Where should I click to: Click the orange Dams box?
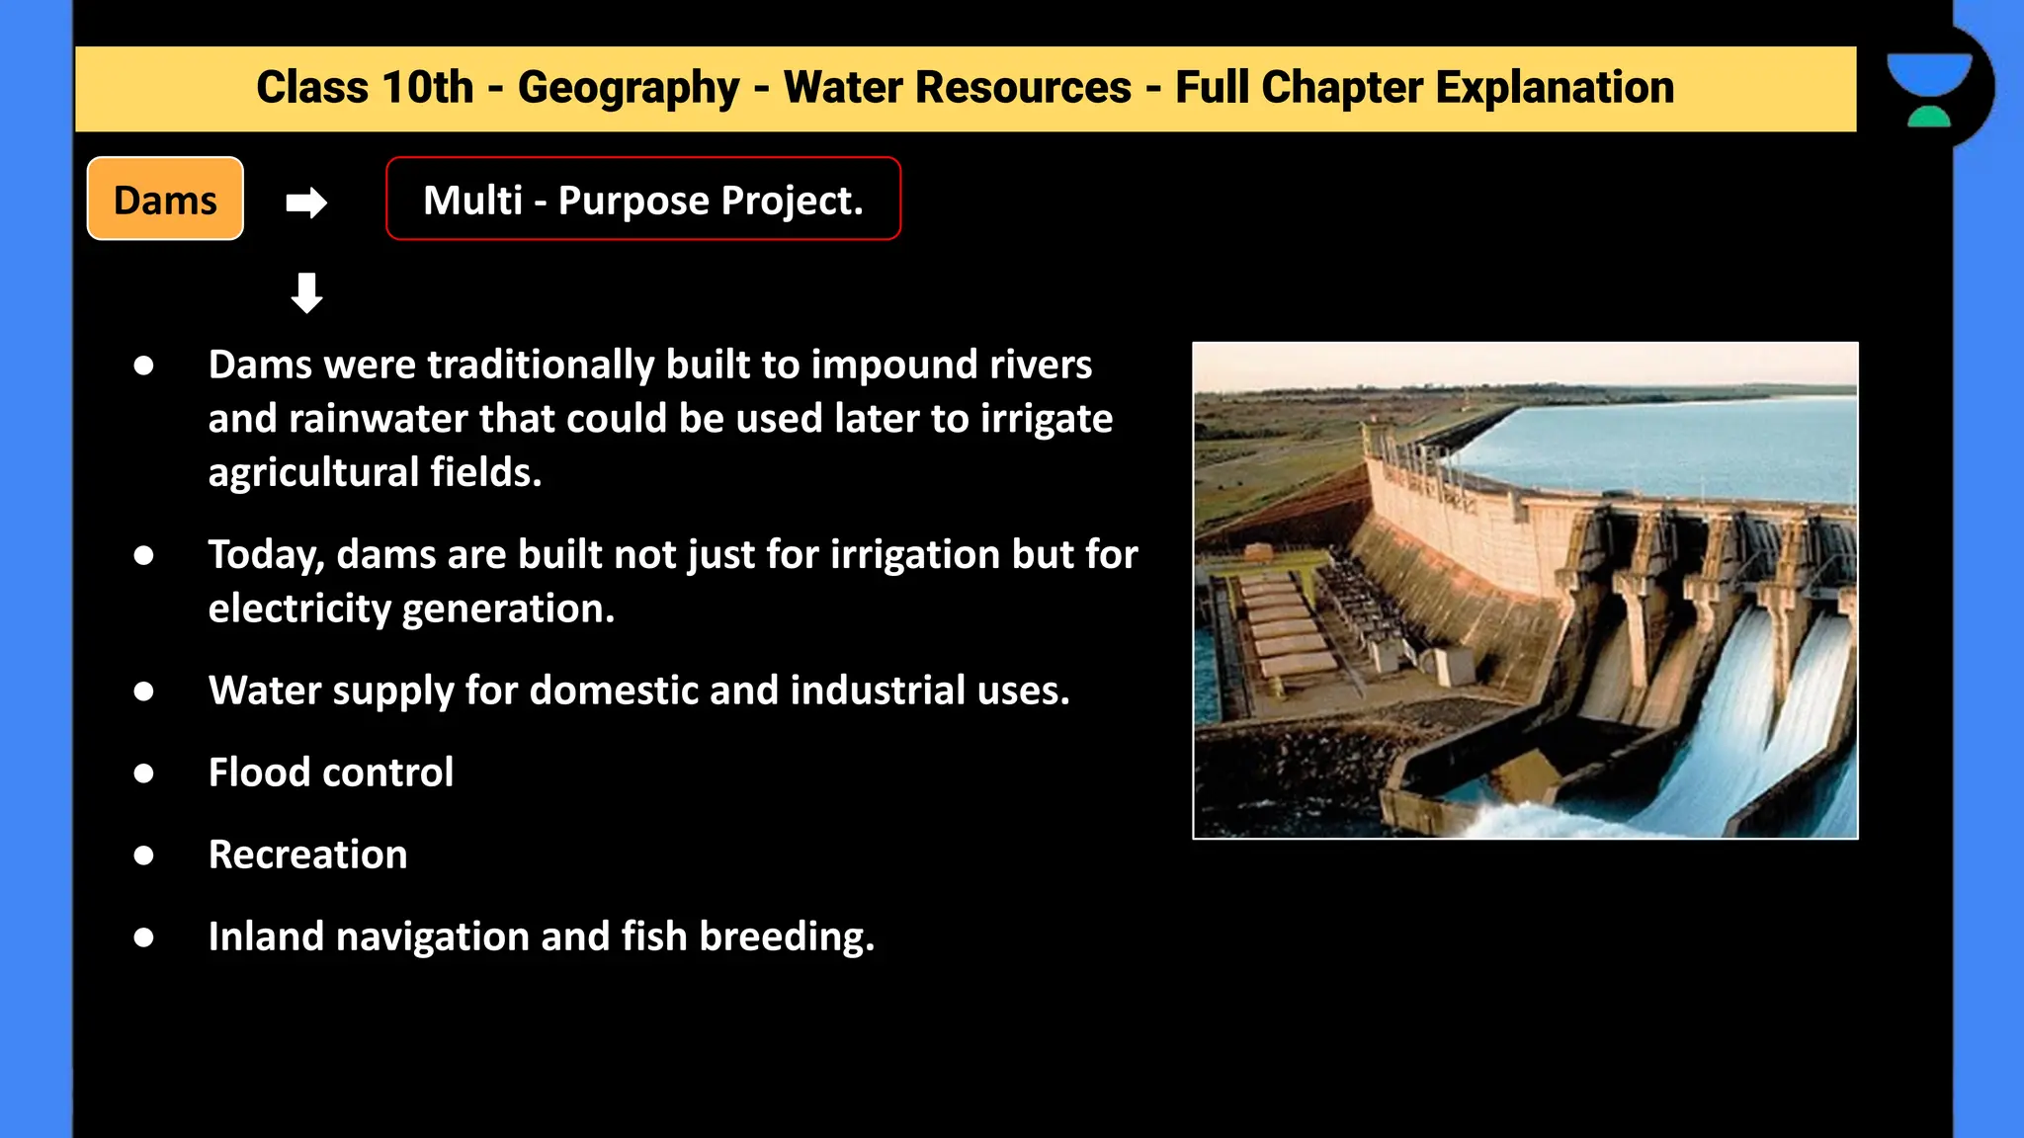(x=165, y=199)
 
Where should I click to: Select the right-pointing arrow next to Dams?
(x=306, y=203)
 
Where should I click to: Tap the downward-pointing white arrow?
(x=306, y=293)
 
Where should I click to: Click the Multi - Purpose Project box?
(x=642, y=199)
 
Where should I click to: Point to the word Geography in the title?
(x=629, y=88)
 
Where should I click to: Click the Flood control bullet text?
(x=331, y=772)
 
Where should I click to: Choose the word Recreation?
(x=307, y=854)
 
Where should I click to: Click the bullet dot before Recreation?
(x=144, y=855)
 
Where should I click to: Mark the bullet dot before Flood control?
(x=144, y=773)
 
